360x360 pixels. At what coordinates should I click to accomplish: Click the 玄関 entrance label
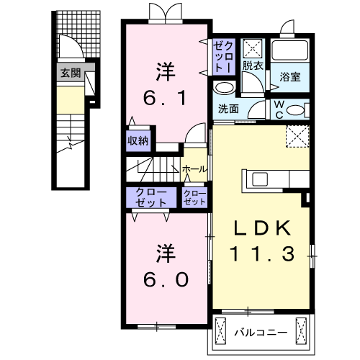pyautogui.click(x=70, y=73)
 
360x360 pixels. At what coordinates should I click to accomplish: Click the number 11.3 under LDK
pyautogui.click(x=261, y=253)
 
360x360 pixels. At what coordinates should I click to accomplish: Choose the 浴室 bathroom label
pyautogui.click(x=290, y=75)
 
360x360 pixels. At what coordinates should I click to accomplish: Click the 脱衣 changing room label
pyautogui.click(x=252, y=66)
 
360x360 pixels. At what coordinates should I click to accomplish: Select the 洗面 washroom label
pyautogui.click(x=228, y=109)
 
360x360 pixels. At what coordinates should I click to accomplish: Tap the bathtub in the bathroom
pyautogui.click(x=290, y=52)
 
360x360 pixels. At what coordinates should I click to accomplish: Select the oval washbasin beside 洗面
pyautogui.click(x=224, y=89)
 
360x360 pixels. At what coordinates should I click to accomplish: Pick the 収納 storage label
pyautogui.click(x=139, y=140)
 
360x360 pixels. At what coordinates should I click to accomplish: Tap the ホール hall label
pyautogui.click(x=194, y=169)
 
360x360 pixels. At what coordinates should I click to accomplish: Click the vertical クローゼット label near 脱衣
pyautogui.click(x=221, y=55)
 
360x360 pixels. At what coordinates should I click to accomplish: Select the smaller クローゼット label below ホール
pyautogui.click(x=195, y=198)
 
